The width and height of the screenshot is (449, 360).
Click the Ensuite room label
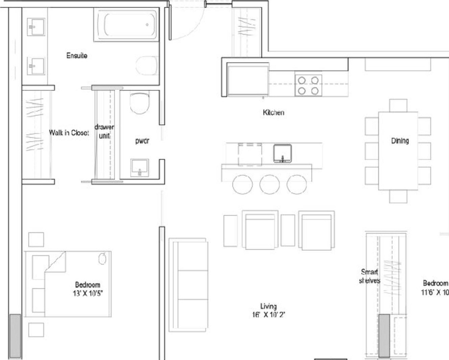point(77,55)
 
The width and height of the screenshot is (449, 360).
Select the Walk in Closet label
point(69,133)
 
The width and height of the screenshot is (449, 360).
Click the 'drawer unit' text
point(104,131)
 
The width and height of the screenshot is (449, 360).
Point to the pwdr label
point(142,141)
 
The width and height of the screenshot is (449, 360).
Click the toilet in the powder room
point(140,103)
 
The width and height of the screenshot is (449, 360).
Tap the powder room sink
point(140,167)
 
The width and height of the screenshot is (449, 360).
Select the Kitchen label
point(273,112)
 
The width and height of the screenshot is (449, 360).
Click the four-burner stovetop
point(308,86)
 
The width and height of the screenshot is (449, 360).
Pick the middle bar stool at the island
point(269,185)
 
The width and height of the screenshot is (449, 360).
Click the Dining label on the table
point(400,141)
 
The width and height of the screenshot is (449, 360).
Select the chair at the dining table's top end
point(398,105)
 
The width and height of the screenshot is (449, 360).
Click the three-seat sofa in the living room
point(187,285)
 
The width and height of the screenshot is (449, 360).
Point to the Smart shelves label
point(369,276)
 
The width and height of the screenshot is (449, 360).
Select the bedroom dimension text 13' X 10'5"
point(87,293)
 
